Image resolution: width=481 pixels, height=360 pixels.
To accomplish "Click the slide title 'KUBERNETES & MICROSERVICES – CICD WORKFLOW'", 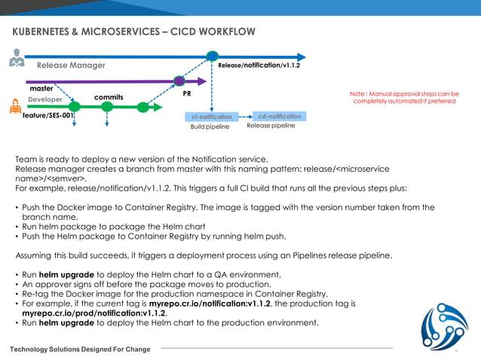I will (x=133, y=32).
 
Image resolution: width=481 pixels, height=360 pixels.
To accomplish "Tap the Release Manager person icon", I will (x=16, y=58).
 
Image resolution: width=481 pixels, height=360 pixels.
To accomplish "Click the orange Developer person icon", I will (x=14, y=107).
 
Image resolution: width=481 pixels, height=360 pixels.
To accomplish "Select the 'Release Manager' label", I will (x=71, y=66).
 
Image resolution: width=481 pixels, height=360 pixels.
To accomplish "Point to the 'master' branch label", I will (x=41, y=88).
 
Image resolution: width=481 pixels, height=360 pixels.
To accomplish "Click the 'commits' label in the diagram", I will (x=109, y=97).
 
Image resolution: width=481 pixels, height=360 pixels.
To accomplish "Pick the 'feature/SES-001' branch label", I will (x=47, y=116).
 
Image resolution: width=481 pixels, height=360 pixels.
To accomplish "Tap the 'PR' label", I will (x=187, y=95).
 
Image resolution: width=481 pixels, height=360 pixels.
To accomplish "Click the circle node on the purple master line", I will (x=179, y=81).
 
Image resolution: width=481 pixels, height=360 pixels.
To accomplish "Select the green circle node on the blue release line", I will (x=213, y=56).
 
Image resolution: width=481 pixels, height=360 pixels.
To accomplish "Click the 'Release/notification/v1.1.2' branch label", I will (x=259, y=66).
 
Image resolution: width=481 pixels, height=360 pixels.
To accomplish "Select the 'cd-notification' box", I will (x=279, y=117).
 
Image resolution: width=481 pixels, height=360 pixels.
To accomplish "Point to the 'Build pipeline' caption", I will (x=210, y=127).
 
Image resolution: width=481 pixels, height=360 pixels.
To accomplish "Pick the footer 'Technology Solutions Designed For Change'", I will (x=79, y=349).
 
